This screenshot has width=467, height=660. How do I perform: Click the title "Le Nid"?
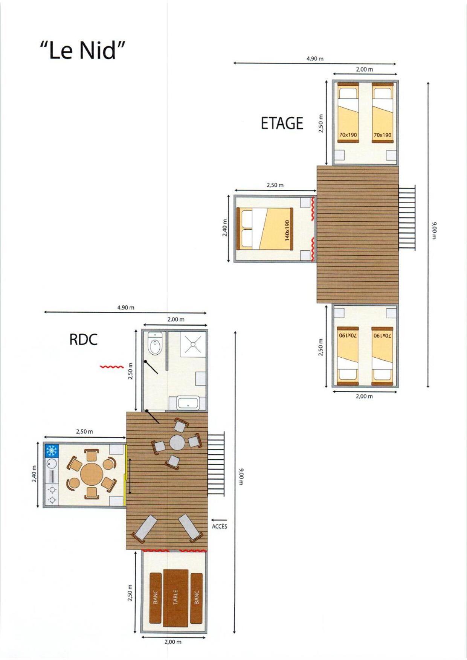[x=82, y=50]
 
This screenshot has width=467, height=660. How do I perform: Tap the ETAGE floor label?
[x=282, y=123]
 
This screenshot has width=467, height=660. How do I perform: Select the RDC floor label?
[x=84, y=340]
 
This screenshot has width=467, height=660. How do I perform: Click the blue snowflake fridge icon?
[x=51, y=451]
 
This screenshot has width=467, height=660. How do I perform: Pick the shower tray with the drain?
[x=193, y=344]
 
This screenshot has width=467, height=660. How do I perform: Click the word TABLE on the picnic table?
[x=176, y=597]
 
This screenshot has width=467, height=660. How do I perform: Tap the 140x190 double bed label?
[x=287, y=230]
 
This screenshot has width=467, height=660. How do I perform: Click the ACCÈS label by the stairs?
[x=220, y=526]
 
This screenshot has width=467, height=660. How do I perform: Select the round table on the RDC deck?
[x=177, y=443]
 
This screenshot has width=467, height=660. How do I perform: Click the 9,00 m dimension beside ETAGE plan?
[x=433, y=230]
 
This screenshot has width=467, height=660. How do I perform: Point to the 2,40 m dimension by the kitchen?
[x=34, y=474]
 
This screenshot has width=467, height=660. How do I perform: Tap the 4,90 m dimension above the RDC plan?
[x=126, y=307]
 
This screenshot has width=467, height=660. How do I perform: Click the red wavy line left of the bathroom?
[x=111, y=366]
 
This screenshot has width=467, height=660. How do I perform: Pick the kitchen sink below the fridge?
[x=51, y=463]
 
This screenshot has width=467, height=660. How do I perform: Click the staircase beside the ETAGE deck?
[x=407, y=217]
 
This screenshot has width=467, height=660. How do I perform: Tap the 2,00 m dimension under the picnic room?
[x=173, y=642]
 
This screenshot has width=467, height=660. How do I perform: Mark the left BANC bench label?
[x=156, y=597]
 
